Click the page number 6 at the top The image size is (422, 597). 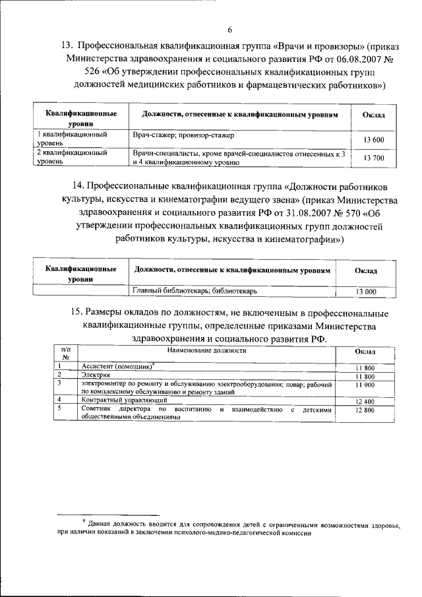click(230, 30)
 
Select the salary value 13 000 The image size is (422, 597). click(366, 292)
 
